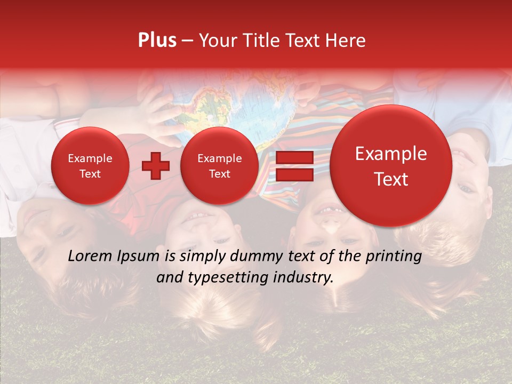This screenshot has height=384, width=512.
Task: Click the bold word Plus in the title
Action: click(x=157, y=41)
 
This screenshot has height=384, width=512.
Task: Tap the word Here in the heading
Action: click(x=346, y=41)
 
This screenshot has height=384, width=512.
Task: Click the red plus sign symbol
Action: click(x=156, y=166)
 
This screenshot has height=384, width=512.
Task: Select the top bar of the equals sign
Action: click(x=294, y=158)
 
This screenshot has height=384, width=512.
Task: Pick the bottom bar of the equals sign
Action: click(x=294, y=175)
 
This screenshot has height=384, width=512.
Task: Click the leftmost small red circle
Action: click(x=90, y=166)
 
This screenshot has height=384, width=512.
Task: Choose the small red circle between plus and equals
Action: click(x=219, y=166)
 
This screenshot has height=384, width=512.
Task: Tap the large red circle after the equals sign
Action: click(x=391, y=166)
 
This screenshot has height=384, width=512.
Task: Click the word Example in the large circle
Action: click(x=391, y=154)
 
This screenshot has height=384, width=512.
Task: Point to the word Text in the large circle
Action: click(x=391, y=179)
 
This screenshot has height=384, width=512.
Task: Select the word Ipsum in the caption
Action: click(x=140, y=257)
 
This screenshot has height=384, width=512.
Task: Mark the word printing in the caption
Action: click(x=393, y=257)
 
